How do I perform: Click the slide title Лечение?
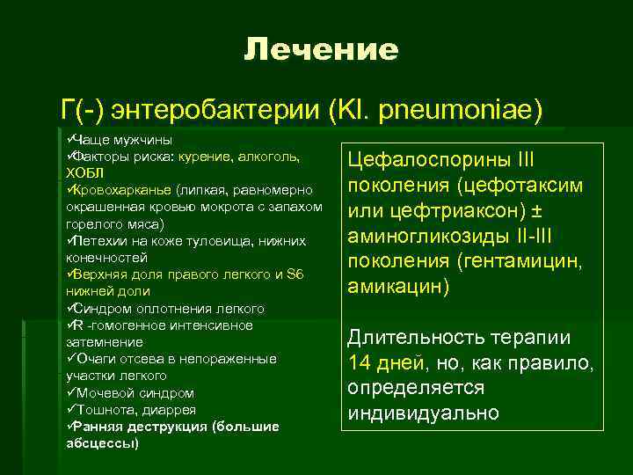click(x=321, y=49)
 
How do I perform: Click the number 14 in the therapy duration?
click(x=361, y=362)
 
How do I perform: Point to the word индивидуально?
click(x=423, y=413)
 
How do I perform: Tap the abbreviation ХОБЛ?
click(x=84, y=172)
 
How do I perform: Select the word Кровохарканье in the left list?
click(x=122, y=189)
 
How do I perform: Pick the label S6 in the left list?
click(x=295, y=274)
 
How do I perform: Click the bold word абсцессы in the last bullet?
click(x=102, y=443)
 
